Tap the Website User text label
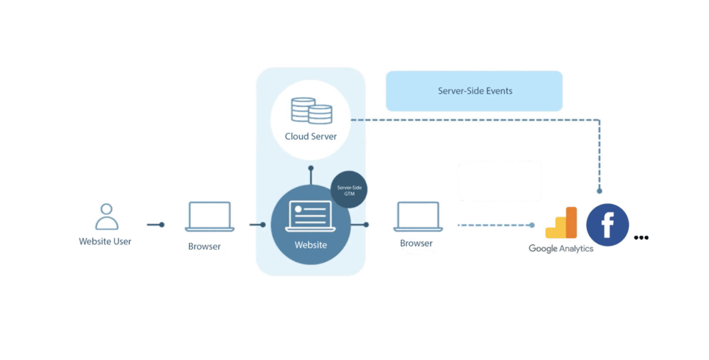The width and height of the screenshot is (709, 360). point(105,242)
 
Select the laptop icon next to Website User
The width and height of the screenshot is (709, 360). point(210,217)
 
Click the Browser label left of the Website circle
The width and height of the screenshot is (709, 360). point(204,247)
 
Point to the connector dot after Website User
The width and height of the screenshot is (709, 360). point(162,225)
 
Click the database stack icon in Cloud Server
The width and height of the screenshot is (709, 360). point(311,111)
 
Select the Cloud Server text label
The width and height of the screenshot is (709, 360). point(311,137)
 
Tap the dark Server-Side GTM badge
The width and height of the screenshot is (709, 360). point(349,190)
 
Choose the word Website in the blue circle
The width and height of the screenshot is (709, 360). point(311,245)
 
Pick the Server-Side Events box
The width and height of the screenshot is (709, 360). point(474,91)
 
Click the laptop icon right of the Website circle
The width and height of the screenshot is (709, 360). point(418,217)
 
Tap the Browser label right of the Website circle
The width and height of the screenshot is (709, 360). point(416,243)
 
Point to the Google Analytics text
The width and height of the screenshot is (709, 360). point(561,249)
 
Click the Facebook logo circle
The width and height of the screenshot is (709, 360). point(607,225)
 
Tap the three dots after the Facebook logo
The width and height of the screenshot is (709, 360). point(641,238)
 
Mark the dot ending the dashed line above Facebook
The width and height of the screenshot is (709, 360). point(599,191)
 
